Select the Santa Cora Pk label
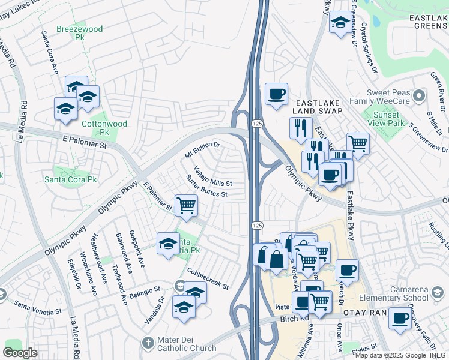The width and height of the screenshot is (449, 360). [71, 179]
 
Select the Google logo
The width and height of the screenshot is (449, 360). [20, 352]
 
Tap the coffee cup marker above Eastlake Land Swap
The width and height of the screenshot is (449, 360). [276, 94]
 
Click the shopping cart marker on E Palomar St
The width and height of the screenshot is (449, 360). [186, 205]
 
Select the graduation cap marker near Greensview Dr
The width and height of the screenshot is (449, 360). [340, 23]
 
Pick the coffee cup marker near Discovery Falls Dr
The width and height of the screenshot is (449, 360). [399, 318]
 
